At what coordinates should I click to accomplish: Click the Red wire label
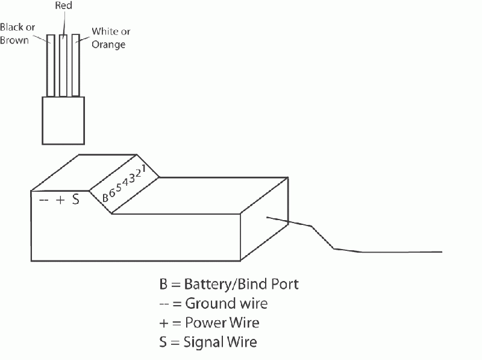64,7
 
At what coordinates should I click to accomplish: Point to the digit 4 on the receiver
125,181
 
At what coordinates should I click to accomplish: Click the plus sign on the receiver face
60,201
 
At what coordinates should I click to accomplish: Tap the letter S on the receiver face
76,200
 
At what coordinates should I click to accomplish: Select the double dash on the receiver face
43,201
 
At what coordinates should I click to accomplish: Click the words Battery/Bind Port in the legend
242,283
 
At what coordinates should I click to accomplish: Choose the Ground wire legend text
227,303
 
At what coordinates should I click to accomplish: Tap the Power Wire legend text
223,323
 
